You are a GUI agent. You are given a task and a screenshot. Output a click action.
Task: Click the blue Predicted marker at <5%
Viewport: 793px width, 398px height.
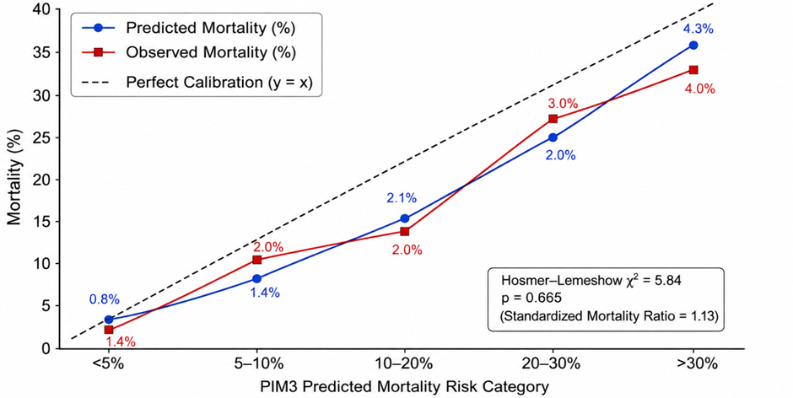tap(109, 320)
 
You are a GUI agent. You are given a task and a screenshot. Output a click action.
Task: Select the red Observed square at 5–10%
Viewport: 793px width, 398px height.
tap(257, 260)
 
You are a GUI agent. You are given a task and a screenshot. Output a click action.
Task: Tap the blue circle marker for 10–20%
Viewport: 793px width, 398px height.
tap(405, 218)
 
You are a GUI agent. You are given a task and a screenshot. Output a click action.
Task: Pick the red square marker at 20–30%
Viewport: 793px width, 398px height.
tap(553, 119)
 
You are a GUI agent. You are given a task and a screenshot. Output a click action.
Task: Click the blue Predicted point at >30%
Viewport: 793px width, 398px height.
tap(693, 45)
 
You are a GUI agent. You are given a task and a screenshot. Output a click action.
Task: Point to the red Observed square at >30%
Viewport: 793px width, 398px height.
tap(693, 70)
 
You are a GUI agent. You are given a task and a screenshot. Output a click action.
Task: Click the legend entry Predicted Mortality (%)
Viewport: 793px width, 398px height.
tap(210, 28)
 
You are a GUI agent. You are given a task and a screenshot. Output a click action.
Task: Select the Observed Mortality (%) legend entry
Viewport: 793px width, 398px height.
tap(211, 52)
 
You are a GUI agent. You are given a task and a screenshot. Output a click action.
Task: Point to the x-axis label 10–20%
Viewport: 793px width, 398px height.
tap(405, 363)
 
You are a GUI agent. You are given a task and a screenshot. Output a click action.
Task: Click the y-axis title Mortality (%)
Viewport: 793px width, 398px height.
tap(14, 180)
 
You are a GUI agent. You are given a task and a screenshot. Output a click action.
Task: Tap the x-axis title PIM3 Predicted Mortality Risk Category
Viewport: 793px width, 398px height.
tap(405, 388)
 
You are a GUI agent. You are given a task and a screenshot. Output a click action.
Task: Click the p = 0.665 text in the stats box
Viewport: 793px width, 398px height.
tap(528, 298)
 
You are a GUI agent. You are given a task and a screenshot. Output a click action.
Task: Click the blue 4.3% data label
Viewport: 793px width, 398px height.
tap(698, 29)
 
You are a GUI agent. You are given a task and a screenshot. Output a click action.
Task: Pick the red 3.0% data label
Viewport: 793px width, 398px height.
tap(563, 104)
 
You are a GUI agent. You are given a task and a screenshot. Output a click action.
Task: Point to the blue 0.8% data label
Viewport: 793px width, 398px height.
tap(104, 299)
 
